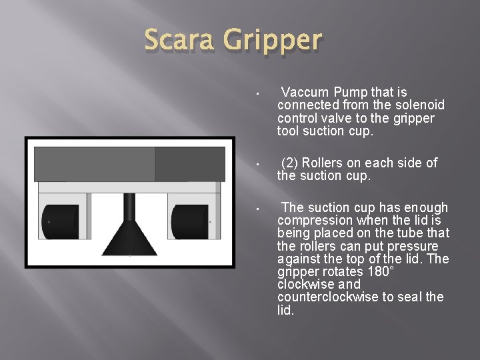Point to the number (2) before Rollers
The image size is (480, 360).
pyautogui.click(x=291, y=163)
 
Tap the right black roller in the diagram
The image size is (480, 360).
pyautogui.click(x=191, y=221)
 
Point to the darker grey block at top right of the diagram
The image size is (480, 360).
pyautogui.click(x=190, y=164)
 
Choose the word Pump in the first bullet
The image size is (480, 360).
pyautogui.click(x=349, y=92)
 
